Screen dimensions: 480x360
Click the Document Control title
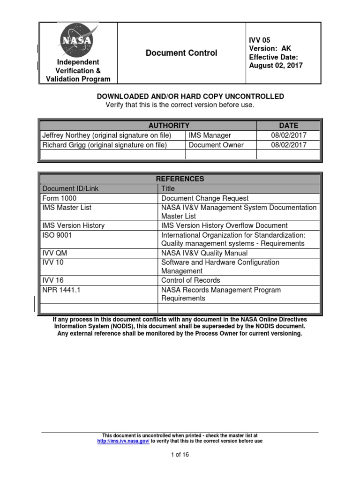[181, 53]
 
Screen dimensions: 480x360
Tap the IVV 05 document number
[259, 40]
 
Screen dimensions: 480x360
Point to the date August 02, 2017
[276, 66]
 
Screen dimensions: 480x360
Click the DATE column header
[288, 126]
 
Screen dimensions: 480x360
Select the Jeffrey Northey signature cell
[107, 135]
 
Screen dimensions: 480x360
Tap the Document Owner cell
[216, 145]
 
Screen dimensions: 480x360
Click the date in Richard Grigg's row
[289, 145]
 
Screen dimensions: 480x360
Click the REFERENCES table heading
[180, 179]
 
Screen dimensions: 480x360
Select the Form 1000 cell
[59, 198]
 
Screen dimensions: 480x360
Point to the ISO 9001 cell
[57, 235]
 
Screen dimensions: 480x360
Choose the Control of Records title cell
[191, 280]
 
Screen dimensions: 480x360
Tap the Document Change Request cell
[205, 198]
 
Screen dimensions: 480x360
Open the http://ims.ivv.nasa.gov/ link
[123, 441]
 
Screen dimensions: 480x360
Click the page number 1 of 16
[180, 455]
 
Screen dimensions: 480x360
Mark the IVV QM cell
[55, 253]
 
